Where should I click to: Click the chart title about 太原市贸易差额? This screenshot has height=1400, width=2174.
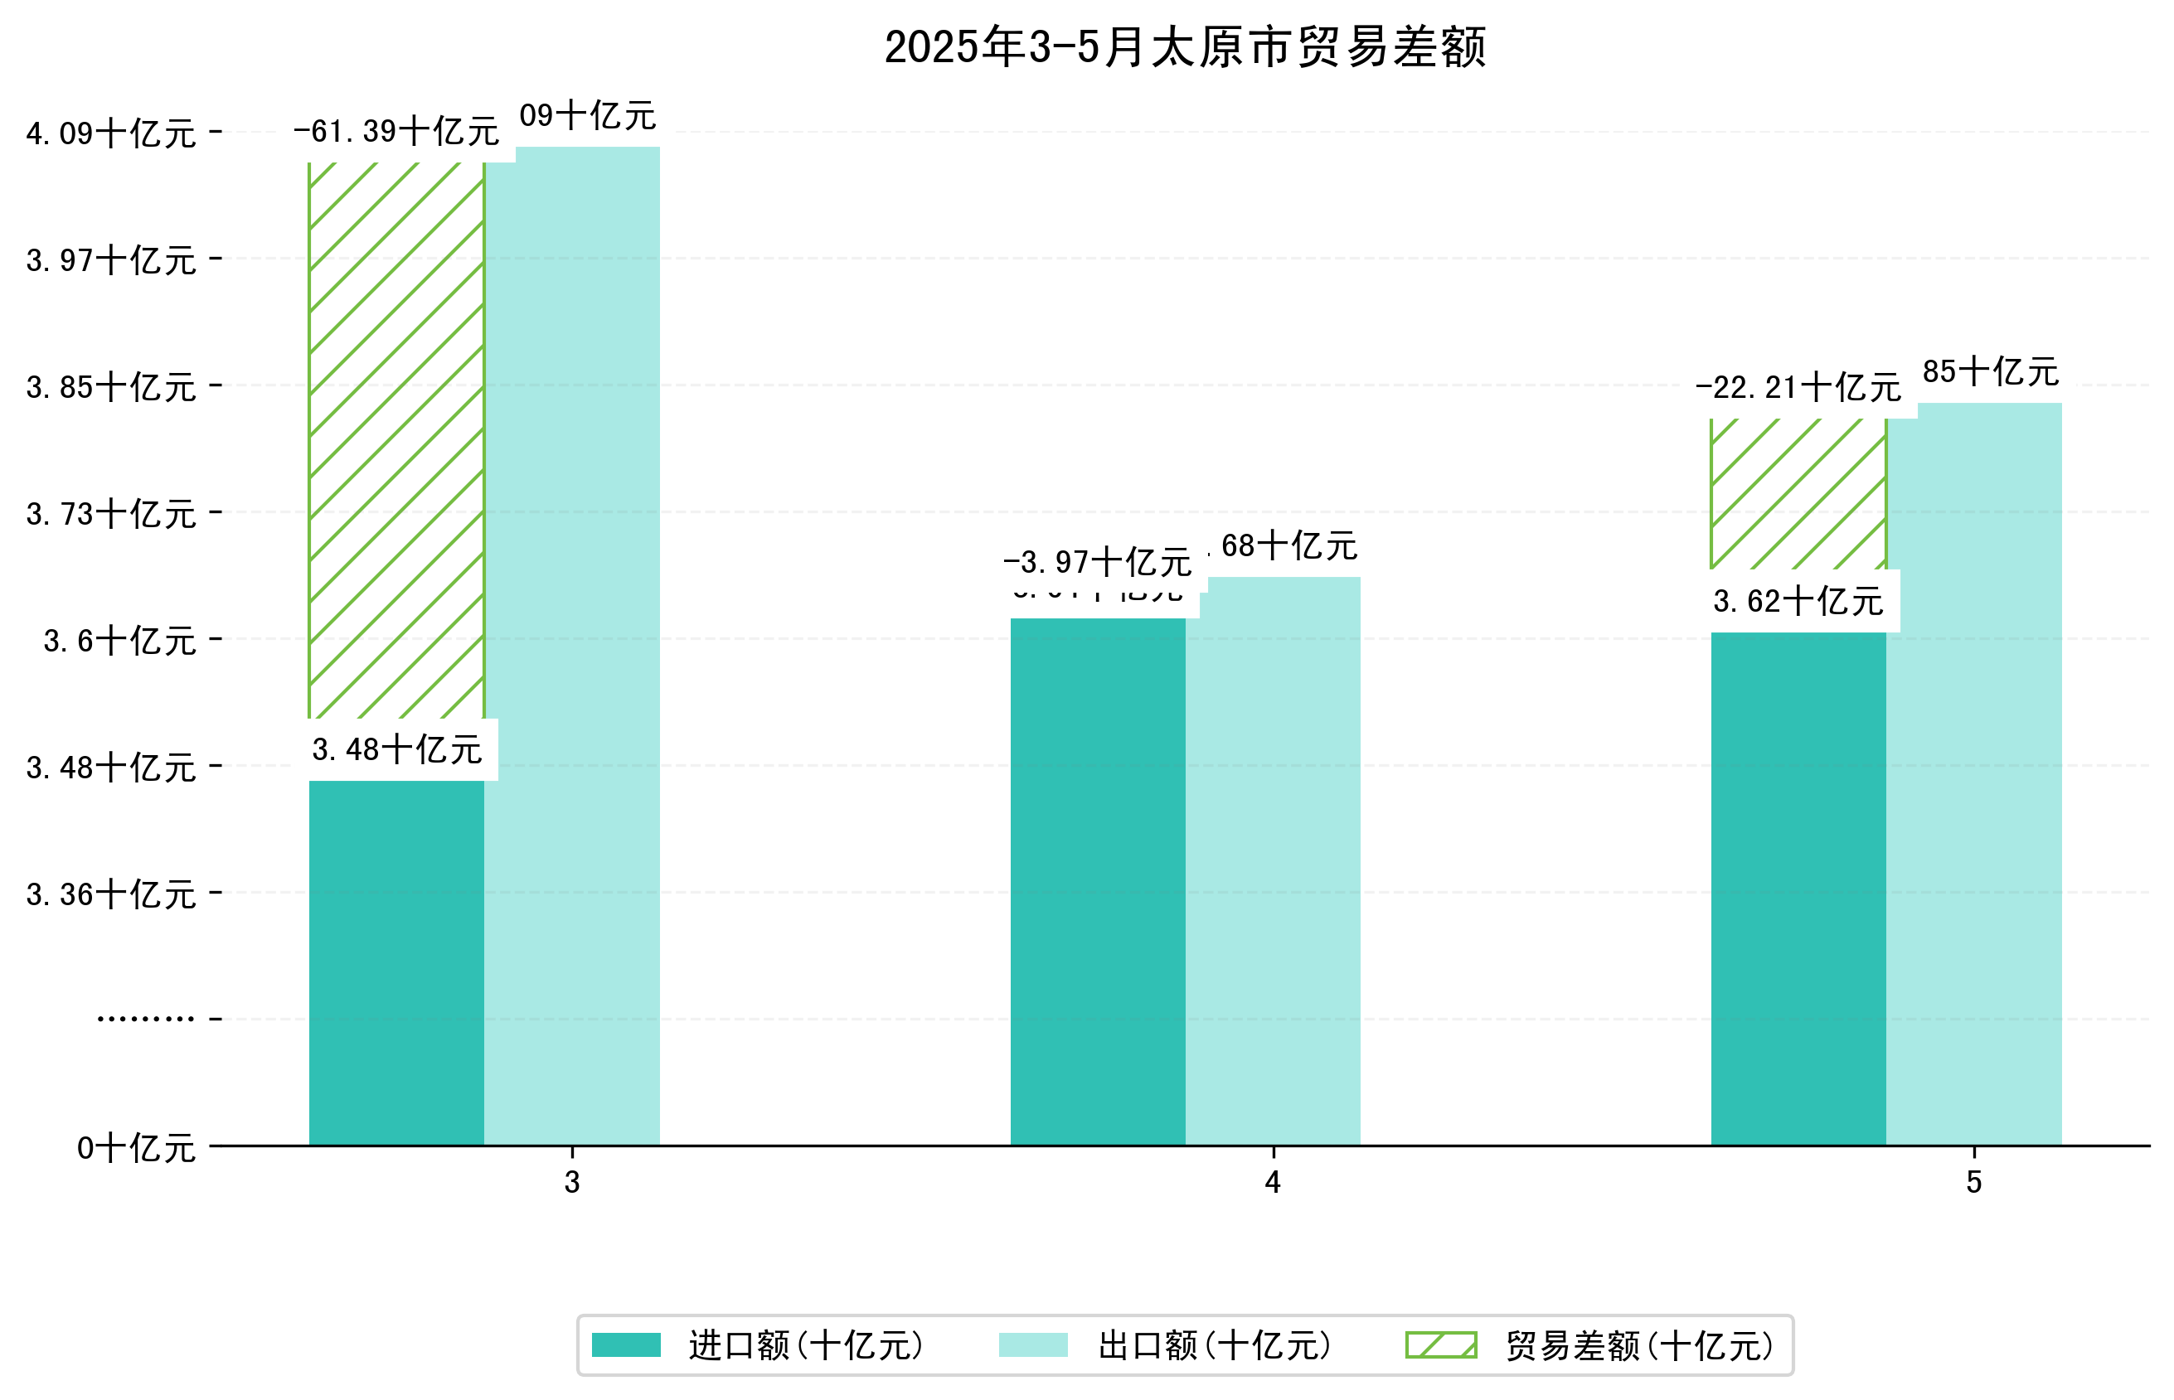pos(1184,47)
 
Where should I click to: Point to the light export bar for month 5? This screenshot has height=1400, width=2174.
pos(1973,773)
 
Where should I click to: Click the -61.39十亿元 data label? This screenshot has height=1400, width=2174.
pos(395,132)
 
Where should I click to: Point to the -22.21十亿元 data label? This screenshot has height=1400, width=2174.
pos(1798,388)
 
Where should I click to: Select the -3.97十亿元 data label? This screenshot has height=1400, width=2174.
pos(1097,563)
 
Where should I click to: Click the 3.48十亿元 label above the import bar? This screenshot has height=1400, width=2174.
pos(396,750)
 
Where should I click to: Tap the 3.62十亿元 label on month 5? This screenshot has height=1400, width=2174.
pos(1798,602)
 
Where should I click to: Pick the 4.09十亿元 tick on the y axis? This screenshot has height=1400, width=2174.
pos(111,133)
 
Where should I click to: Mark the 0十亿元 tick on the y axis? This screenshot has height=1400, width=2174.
pos(136,1148)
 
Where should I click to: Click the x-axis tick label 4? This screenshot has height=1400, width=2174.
pos(1272,1182)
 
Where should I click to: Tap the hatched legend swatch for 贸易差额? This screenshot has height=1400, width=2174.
pos(1440,1344)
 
